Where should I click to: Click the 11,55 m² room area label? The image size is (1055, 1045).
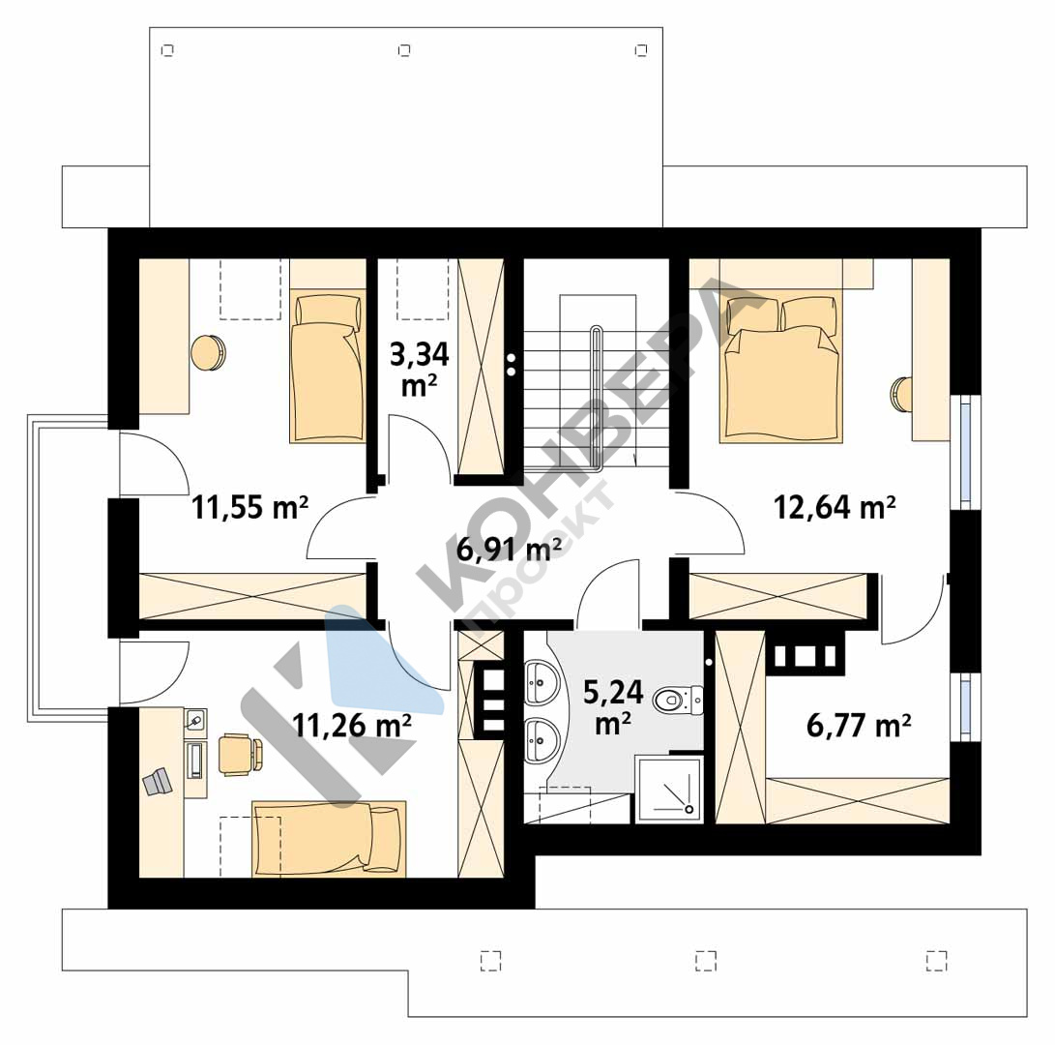pyautogui.click(x=250, y=506)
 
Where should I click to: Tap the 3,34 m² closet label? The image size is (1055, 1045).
pyautogui.click(x=419, y=369)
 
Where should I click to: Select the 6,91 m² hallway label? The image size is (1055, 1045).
pyautogui.click(x=509, y=550)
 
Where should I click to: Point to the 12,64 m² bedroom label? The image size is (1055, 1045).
pyautogui.click(x=835, y=506)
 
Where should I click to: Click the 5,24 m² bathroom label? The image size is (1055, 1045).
pyautogui.click(x=613, y=707)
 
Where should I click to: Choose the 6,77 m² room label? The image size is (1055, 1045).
pyautogui.click(x=859, y=726)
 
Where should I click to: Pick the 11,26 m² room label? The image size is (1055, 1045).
pyautogui.click(x=352, y=725)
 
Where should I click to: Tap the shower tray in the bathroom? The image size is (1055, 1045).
pyautogui.click(x=669, y=790)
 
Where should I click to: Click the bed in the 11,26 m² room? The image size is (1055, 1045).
pyautogui.click(x=329, y=839)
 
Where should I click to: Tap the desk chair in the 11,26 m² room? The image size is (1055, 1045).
pyautogui.click(x=240, y=754)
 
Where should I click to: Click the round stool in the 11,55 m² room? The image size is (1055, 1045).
pyautogui.click(x=209, y=352)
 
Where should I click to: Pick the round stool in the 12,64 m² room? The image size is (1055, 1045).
pyautogui.click(x=901, y=395)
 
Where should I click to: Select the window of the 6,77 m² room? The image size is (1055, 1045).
pyautogui.click(x=965, y=706)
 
